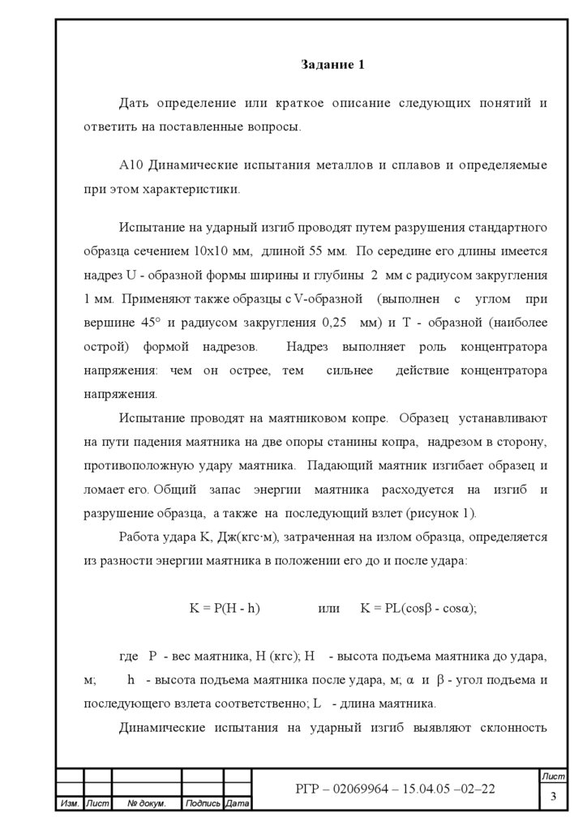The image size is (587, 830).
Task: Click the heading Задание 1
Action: point(332,65)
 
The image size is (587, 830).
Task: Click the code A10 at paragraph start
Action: point(131,165)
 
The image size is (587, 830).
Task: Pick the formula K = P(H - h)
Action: point(225,607)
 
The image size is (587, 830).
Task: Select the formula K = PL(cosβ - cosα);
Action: point(418,607)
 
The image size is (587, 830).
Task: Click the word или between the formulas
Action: point(323,607)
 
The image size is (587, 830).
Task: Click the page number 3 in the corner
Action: point(554,796)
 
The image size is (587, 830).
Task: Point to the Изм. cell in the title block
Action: point(70,804)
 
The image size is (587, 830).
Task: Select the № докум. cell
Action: point(147,804)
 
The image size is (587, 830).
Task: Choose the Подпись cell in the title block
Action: point(203,804)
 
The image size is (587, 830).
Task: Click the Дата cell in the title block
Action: point(237,804)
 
